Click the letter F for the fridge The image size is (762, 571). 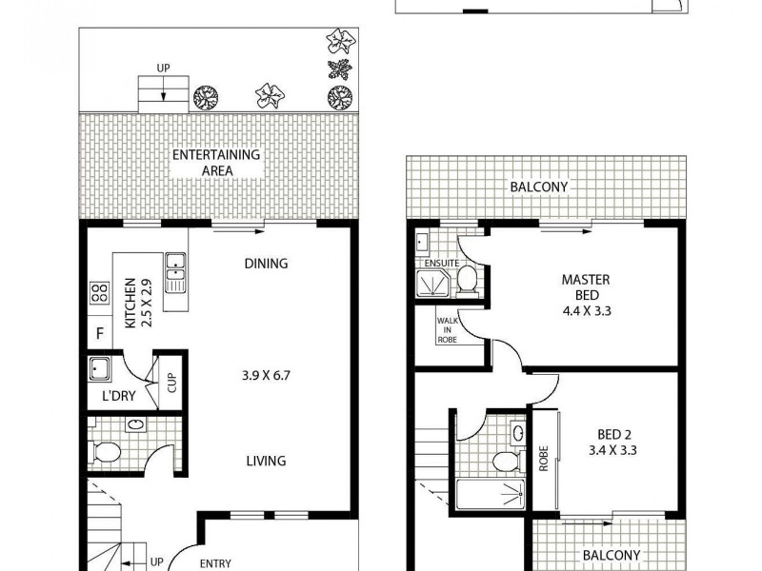(x=98, y=334)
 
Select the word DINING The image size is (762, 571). (x=266, y=264)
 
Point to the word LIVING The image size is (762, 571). (x=266, y=461)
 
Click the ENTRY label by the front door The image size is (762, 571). (x=214, y=562)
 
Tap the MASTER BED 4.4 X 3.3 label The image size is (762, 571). (x=585, y=294)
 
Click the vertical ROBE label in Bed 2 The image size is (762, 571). (x=543, y=461)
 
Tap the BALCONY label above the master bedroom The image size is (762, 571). (x=538, y=187)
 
